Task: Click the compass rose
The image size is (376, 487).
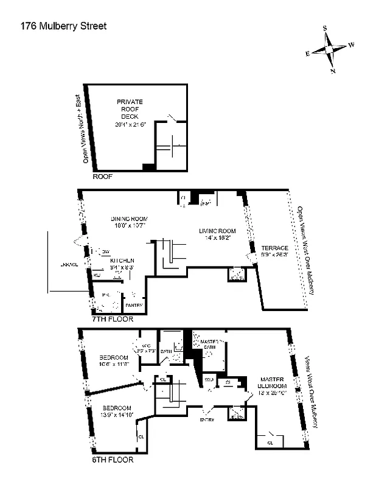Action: (x=330, y=49)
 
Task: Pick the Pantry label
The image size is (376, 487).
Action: (x=134, y=305)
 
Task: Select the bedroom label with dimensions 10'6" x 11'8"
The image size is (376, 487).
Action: (x=114, y=360)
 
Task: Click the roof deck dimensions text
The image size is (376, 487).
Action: (x=130, y=124)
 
